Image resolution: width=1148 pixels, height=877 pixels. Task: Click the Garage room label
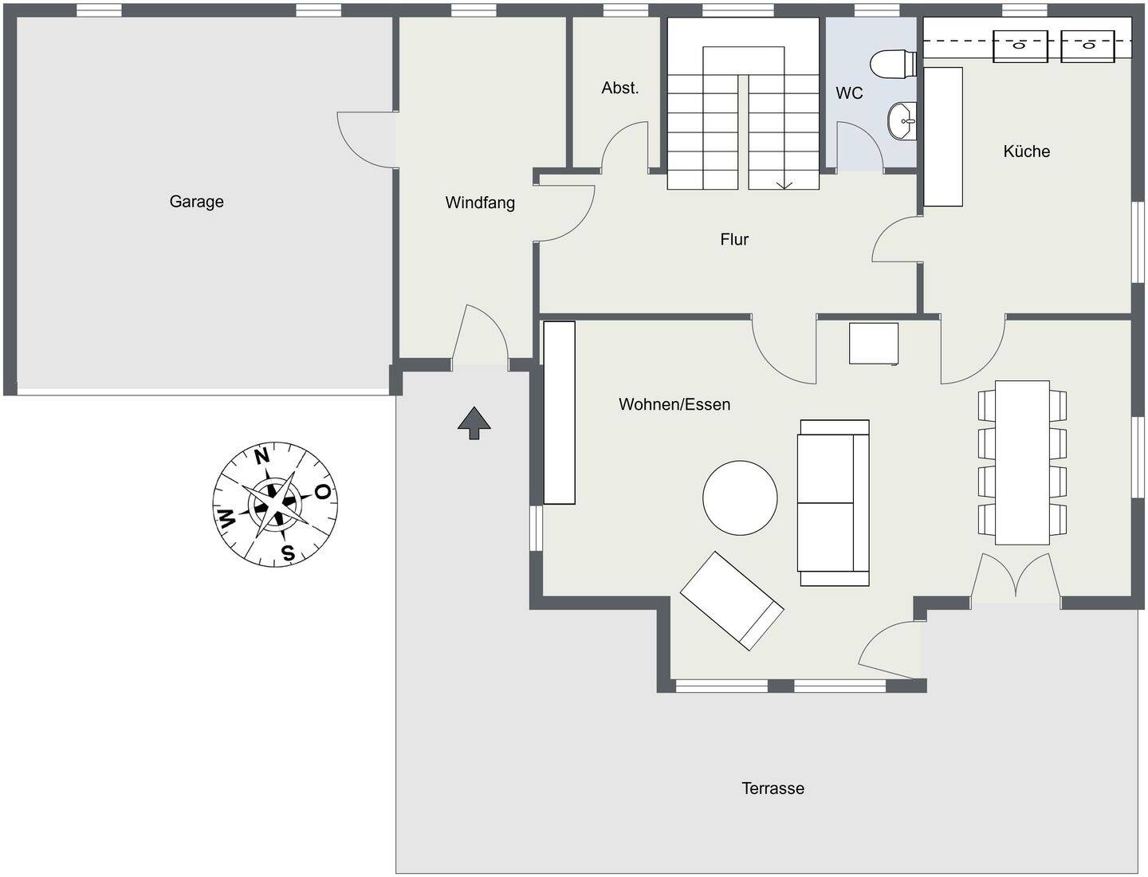[196, 202]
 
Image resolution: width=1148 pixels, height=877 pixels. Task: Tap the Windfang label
[480, 203]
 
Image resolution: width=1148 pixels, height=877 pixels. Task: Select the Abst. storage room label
[619, 88]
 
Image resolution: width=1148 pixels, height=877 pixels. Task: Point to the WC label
[849, 93]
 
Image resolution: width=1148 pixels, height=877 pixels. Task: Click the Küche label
[1026, 151]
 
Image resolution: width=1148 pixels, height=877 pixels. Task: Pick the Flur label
[734, 239]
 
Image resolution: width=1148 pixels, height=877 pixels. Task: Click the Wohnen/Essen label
[674, 404]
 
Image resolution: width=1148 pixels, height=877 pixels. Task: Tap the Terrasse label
[773, 789]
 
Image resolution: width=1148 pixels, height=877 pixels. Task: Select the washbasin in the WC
[902, 121]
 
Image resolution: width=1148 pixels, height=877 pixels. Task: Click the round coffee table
[740, 497]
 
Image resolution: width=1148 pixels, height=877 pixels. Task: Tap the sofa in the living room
[833, 502]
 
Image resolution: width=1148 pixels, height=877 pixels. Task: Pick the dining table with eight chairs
[1022, 462]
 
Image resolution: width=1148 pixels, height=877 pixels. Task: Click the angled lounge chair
[731, 600]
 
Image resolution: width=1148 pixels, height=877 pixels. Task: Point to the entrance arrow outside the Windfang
[474, 423]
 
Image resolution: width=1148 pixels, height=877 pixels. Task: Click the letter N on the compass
[261, 456]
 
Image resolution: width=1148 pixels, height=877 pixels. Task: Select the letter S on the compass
[288, 553]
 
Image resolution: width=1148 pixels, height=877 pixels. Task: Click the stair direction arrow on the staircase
[784, 184]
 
